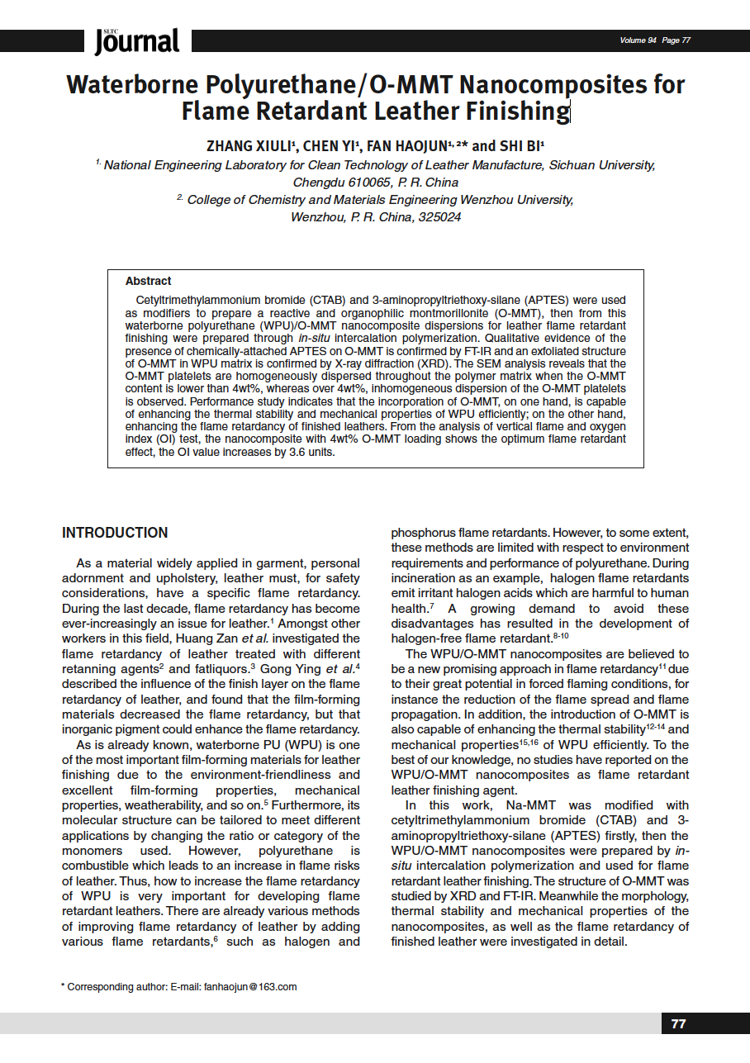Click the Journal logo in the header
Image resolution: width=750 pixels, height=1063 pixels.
point(136,41)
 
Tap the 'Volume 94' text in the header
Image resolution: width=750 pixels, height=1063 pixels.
point(638,40)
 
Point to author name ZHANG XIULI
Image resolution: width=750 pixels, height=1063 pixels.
point(249,146)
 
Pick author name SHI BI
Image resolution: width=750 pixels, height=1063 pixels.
point(520,146)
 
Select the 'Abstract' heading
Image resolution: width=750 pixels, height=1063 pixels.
point(149,281)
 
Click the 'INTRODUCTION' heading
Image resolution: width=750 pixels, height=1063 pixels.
point(115,533)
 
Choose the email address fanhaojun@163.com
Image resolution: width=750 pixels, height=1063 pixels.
point(250,986)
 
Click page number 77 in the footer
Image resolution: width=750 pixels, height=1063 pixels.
point(678,1023)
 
